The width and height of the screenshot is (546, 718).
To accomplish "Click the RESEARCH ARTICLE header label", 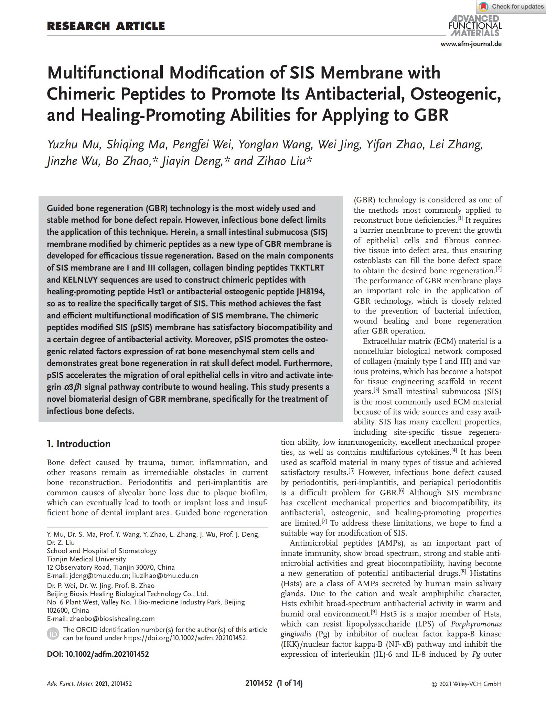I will pyautogui.click(x=106, y=26).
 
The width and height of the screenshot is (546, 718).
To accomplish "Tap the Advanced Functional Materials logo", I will pyautogui.click(x=475, y=26).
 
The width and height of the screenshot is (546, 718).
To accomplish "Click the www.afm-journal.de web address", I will pyautogui.click(x=471, y=44).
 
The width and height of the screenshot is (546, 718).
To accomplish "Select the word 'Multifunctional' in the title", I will pyautogui.click(x=105, y=73).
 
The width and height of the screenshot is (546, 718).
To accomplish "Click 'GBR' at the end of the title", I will pyautogui.click(x=431, y=115).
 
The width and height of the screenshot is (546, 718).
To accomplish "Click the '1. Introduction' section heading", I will pyautogui.click(x=79, y=444).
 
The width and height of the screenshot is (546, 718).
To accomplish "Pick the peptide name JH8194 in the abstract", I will pyautogui.click(x=310, y=292).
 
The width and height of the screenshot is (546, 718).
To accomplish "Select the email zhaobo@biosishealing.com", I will pyautogui.click(x=112, y=619).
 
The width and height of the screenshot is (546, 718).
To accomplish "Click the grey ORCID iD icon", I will pyautogui.click(x=53, y=634).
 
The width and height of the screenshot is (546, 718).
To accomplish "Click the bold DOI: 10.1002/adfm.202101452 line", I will pyautogui.click(x=98, y=654).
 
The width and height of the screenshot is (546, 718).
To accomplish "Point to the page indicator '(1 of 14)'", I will pyautogui.click(x=290, y=683).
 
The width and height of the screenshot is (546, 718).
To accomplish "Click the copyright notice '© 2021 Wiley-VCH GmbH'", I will pyautogui.click(x=466, y=684).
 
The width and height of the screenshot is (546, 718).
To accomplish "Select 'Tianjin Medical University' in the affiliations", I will pyautogui.click(x=86, y=559).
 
